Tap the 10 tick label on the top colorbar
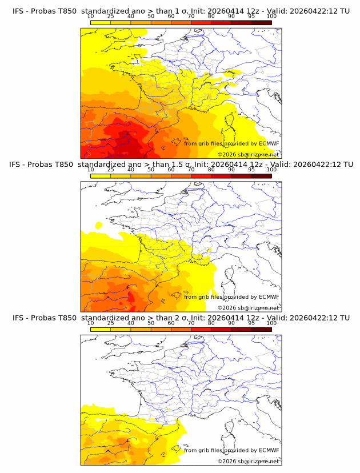[90, 16]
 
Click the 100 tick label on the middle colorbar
[271, 170]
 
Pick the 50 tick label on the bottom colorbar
[151, 323]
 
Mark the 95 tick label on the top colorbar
[251, 16]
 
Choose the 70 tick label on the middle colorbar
[191, 170]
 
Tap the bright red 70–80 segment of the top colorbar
[201, 22]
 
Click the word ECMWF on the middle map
[269, 296]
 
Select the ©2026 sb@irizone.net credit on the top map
[249, 154]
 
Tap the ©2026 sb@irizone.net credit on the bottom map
[249, 461]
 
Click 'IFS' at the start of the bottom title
[18, 318]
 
